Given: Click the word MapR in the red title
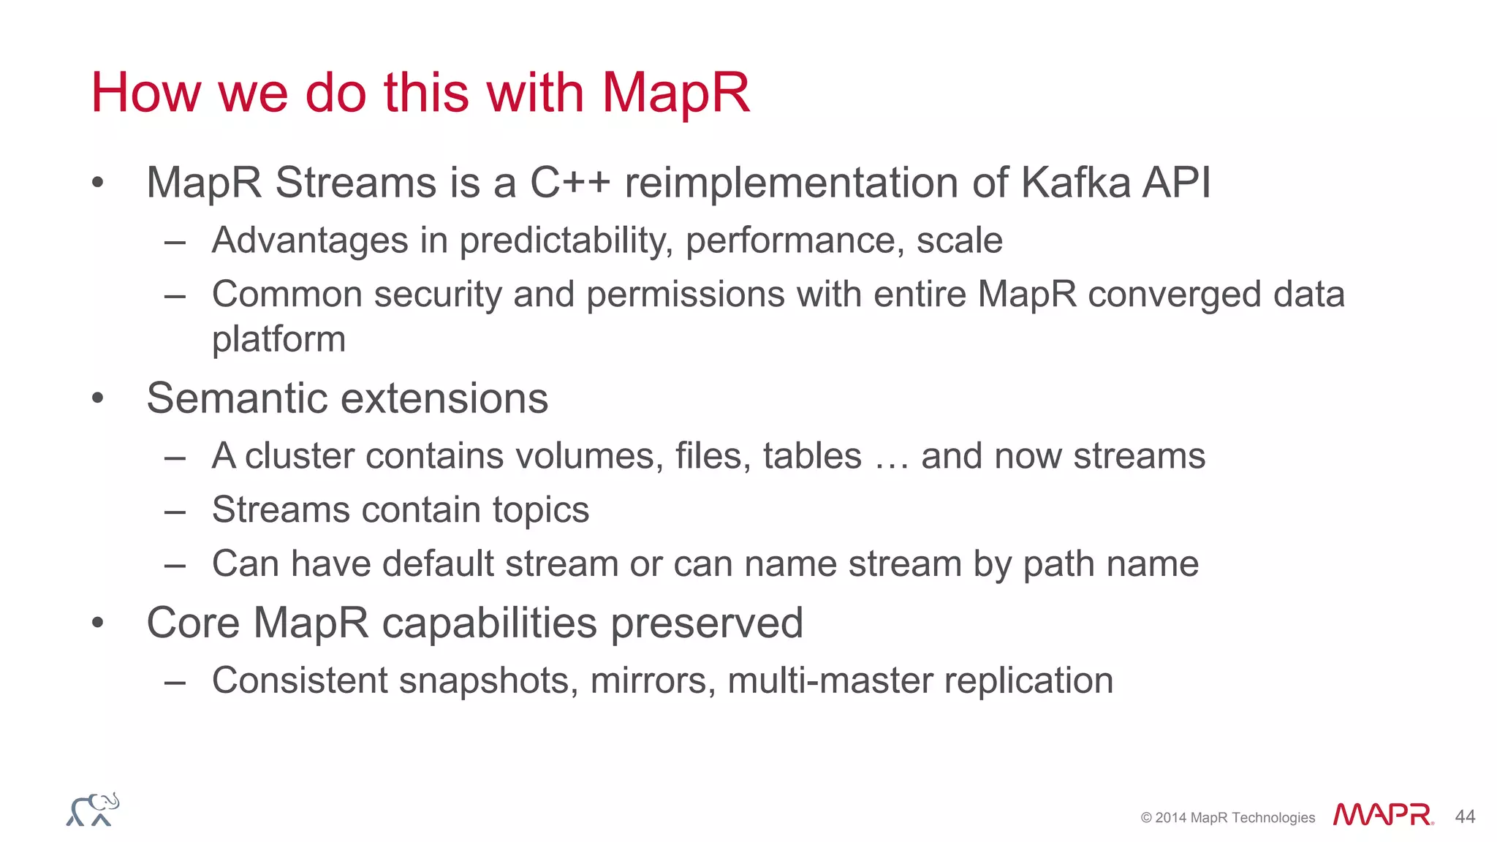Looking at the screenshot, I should tap(675, 94).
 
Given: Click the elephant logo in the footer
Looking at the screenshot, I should tap(93, 810).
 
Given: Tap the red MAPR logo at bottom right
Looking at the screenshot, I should tap(1382, 814).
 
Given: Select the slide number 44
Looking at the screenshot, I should tap(1465, 816).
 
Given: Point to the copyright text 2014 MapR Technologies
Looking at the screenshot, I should tap(1227, 818).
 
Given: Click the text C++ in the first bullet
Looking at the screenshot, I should tap(569, 183).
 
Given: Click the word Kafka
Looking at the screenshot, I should tap(1075, 183).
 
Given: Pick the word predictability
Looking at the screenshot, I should tap(566, 241).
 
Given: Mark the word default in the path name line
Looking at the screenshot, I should tap(438, 564).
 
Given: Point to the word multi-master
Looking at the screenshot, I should tap(830, 681).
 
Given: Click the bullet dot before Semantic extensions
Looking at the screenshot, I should tap(98, 399).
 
